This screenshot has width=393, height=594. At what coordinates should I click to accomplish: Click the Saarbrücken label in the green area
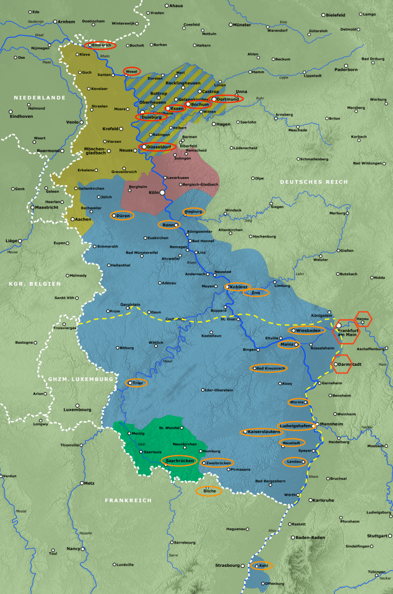[x=179, y=461]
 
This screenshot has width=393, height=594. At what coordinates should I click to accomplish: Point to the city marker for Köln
[x=162, y=192]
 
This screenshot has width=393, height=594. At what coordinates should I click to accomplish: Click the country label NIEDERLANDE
[x=40, y=98]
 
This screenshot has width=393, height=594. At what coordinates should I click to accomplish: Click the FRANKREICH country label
[x=128, y=499]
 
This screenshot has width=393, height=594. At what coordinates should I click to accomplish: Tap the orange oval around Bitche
[x=209, y=491]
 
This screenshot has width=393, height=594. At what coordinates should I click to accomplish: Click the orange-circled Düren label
[x=122, y=215]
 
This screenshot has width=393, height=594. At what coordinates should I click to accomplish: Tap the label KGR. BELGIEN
[x=35, y=283]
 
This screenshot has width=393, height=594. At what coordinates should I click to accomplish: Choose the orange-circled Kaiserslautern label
[x=262, y=432]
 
